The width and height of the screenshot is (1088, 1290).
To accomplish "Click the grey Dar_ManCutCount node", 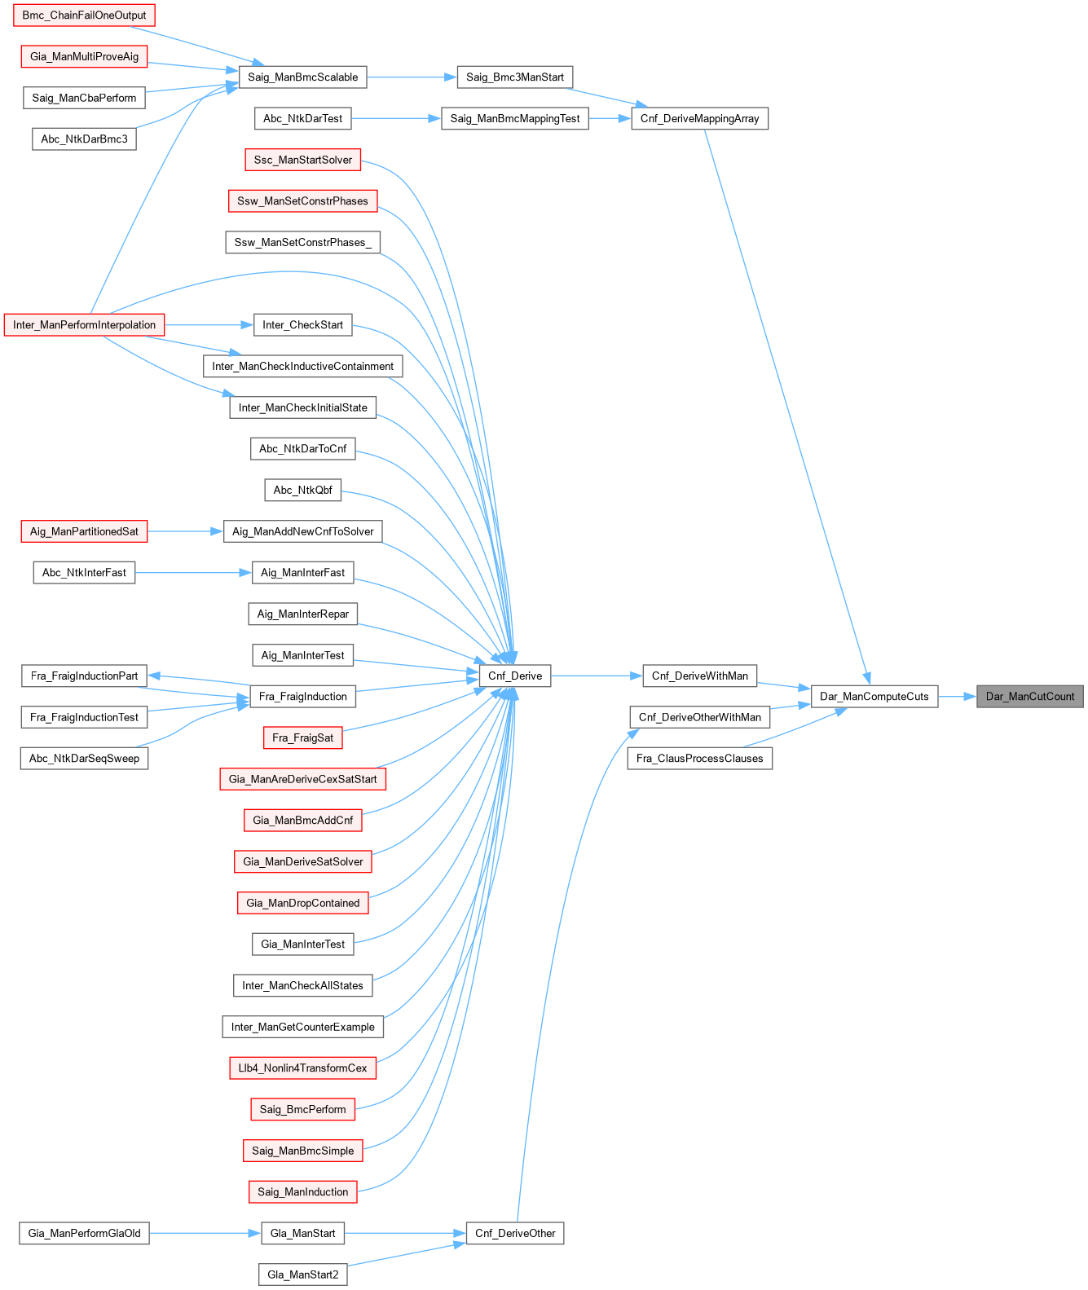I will (1029, 697).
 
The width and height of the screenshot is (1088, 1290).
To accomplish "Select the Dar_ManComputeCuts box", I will (874, 697).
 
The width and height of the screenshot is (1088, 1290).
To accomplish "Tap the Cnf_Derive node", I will (515, 676).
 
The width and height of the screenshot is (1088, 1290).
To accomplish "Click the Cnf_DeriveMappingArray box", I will (699, 119).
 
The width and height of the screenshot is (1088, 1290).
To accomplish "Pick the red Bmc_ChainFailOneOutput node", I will (84, 15).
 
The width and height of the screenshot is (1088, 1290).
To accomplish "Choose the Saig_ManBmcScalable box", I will (302, 77).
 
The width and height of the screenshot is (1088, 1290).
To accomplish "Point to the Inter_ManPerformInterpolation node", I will (84, 325).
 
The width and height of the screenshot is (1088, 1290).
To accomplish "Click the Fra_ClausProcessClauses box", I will (699, 759).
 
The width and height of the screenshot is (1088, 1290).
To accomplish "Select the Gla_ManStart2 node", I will (302, 1275).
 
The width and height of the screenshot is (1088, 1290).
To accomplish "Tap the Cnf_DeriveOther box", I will (515, 1233).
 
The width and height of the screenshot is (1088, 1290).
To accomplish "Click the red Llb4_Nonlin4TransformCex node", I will (302, 1068).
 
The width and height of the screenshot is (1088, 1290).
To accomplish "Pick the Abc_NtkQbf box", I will (302, 491).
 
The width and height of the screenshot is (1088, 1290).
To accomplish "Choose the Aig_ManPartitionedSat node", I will (84, 531).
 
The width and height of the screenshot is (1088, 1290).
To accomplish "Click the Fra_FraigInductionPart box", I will (84, 676).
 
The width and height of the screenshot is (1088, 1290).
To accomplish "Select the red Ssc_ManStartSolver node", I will (302, 160).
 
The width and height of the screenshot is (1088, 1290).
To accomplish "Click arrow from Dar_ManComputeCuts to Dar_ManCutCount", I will (957, 697).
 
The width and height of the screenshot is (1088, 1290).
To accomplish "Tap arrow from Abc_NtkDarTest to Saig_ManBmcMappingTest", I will (396, 119).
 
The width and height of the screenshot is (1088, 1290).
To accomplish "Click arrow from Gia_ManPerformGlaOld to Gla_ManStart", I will (205, 1233).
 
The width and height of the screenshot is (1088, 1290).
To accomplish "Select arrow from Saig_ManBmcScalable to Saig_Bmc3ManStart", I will (412, 77).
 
